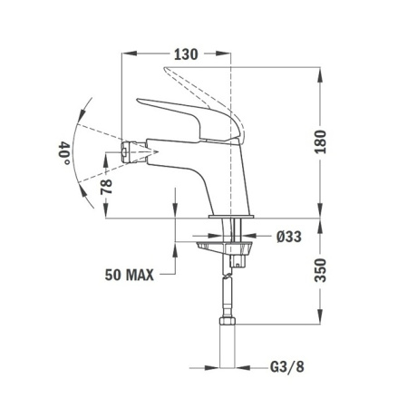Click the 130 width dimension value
coord(184,54)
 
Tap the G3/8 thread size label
coord(289,369)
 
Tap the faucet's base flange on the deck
coord(233,219)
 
